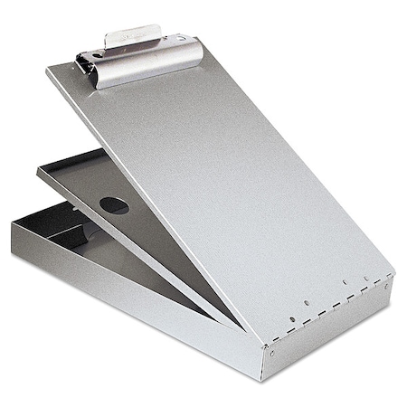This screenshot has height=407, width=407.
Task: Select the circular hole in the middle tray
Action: point(114,205)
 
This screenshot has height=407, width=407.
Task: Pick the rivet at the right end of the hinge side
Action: point(387,287)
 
